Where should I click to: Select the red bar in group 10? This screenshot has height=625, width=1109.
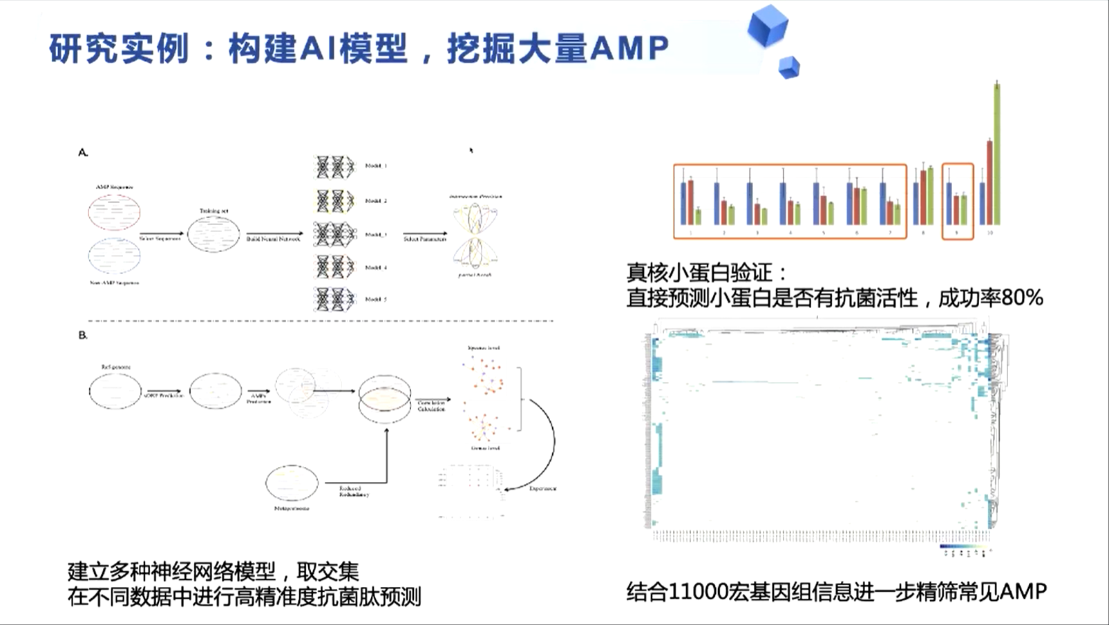tap(989, 183)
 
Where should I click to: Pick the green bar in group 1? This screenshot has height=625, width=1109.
tap(698, 216)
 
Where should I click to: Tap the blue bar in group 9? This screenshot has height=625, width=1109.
tap(949, 204)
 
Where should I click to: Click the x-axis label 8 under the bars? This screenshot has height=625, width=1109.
tap(923, 233)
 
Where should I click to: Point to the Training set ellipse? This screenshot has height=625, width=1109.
tap(214, 234)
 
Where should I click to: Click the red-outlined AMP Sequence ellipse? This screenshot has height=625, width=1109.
tap(114, 212)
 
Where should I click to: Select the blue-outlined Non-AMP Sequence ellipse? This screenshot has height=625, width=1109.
tap(114, 256)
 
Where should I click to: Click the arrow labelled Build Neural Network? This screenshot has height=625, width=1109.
tap(274, 233)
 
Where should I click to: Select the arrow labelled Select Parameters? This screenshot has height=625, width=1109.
tap(424, 233)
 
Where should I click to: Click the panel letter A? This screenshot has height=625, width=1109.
tap(83, 152)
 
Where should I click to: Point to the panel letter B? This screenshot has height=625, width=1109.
tap(83, 335)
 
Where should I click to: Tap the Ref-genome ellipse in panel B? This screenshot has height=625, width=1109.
tap(115, 391)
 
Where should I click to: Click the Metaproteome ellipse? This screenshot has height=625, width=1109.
tap(292, 483)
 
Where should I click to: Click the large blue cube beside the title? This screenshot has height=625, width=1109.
tap(768, 26)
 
